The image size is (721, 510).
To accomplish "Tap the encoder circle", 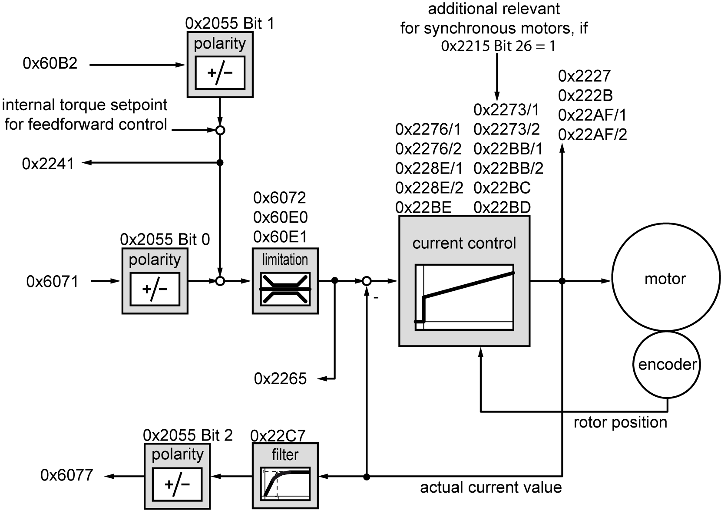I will point(667,365).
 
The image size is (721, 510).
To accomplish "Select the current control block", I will point(464,281).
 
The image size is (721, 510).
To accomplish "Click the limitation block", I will point(285,281).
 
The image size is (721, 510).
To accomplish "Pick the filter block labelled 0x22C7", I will point(285,476).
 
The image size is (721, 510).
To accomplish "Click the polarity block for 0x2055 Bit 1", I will point(220,65).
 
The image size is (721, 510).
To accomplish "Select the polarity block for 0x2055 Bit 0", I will point(155,281).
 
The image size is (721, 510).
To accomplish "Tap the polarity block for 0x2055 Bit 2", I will point(177,476).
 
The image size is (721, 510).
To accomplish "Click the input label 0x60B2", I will point(50,64).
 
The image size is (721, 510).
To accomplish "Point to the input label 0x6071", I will point(53,282).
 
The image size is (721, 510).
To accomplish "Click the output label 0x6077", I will point(67,475).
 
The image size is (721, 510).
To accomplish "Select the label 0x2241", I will point(48,164).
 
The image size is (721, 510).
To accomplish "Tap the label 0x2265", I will point(280,379).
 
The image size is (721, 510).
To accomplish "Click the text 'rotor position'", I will point(620,422).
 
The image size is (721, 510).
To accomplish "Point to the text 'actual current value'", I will point(491,487).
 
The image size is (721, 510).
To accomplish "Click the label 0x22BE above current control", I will point(423,207).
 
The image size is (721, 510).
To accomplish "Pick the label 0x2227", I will point(584,76).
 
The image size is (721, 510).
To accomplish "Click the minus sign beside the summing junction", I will point(376,298).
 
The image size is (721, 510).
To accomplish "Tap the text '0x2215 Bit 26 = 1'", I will point(498,46).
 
